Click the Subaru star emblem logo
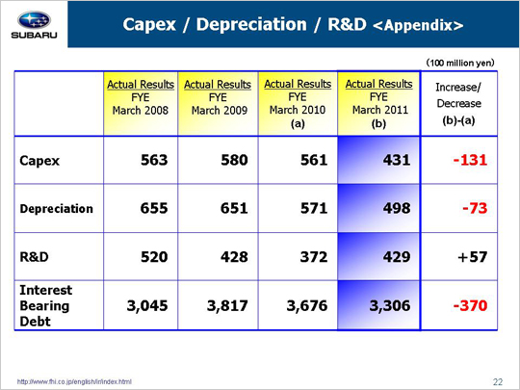coord(34,20)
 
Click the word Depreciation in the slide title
coord(251,24)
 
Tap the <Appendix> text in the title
coord(418,25)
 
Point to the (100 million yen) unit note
coord(460,63)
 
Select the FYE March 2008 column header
coord(141,97)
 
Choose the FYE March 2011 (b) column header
coord(378,103)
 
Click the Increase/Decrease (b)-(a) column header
coord(458,103)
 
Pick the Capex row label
coord(39,161)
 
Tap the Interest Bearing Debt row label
coord(46,305)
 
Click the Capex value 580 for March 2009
coord(234,160)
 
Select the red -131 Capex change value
coord(470,160)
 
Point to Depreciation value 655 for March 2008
coord(154,208)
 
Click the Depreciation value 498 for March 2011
coord(397,208)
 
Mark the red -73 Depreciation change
coord(475,208)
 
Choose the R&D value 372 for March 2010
coord(314,257)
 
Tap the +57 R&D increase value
coord(472,257)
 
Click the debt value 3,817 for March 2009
coord(227,305)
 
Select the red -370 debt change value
coord(470,305)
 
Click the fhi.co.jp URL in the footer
coord(74,382)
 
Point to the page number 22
coord(498,382)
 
